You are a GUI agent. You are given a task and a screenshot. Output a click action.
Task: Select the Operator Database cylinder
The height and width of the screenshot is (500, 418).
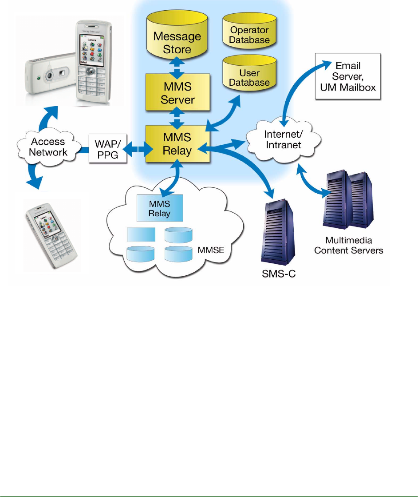tap(250, 36)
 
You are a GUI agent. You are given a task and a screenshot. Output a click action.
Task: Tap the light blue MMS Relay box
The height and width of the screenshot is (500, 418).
tap(159, 208)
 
